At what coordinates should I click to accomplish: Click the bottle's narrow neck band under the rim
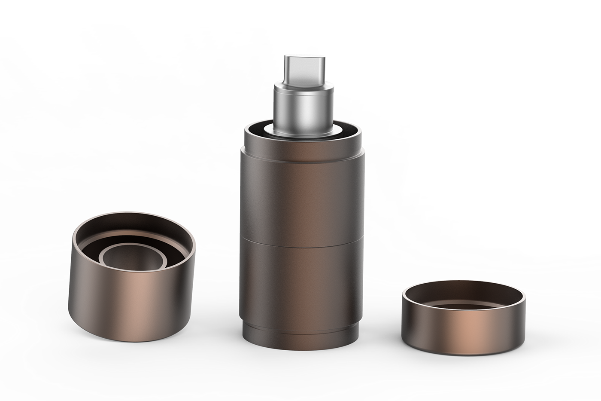click(300, 144)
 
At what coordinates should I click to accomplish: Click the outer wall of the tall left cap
click(129, 301)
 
